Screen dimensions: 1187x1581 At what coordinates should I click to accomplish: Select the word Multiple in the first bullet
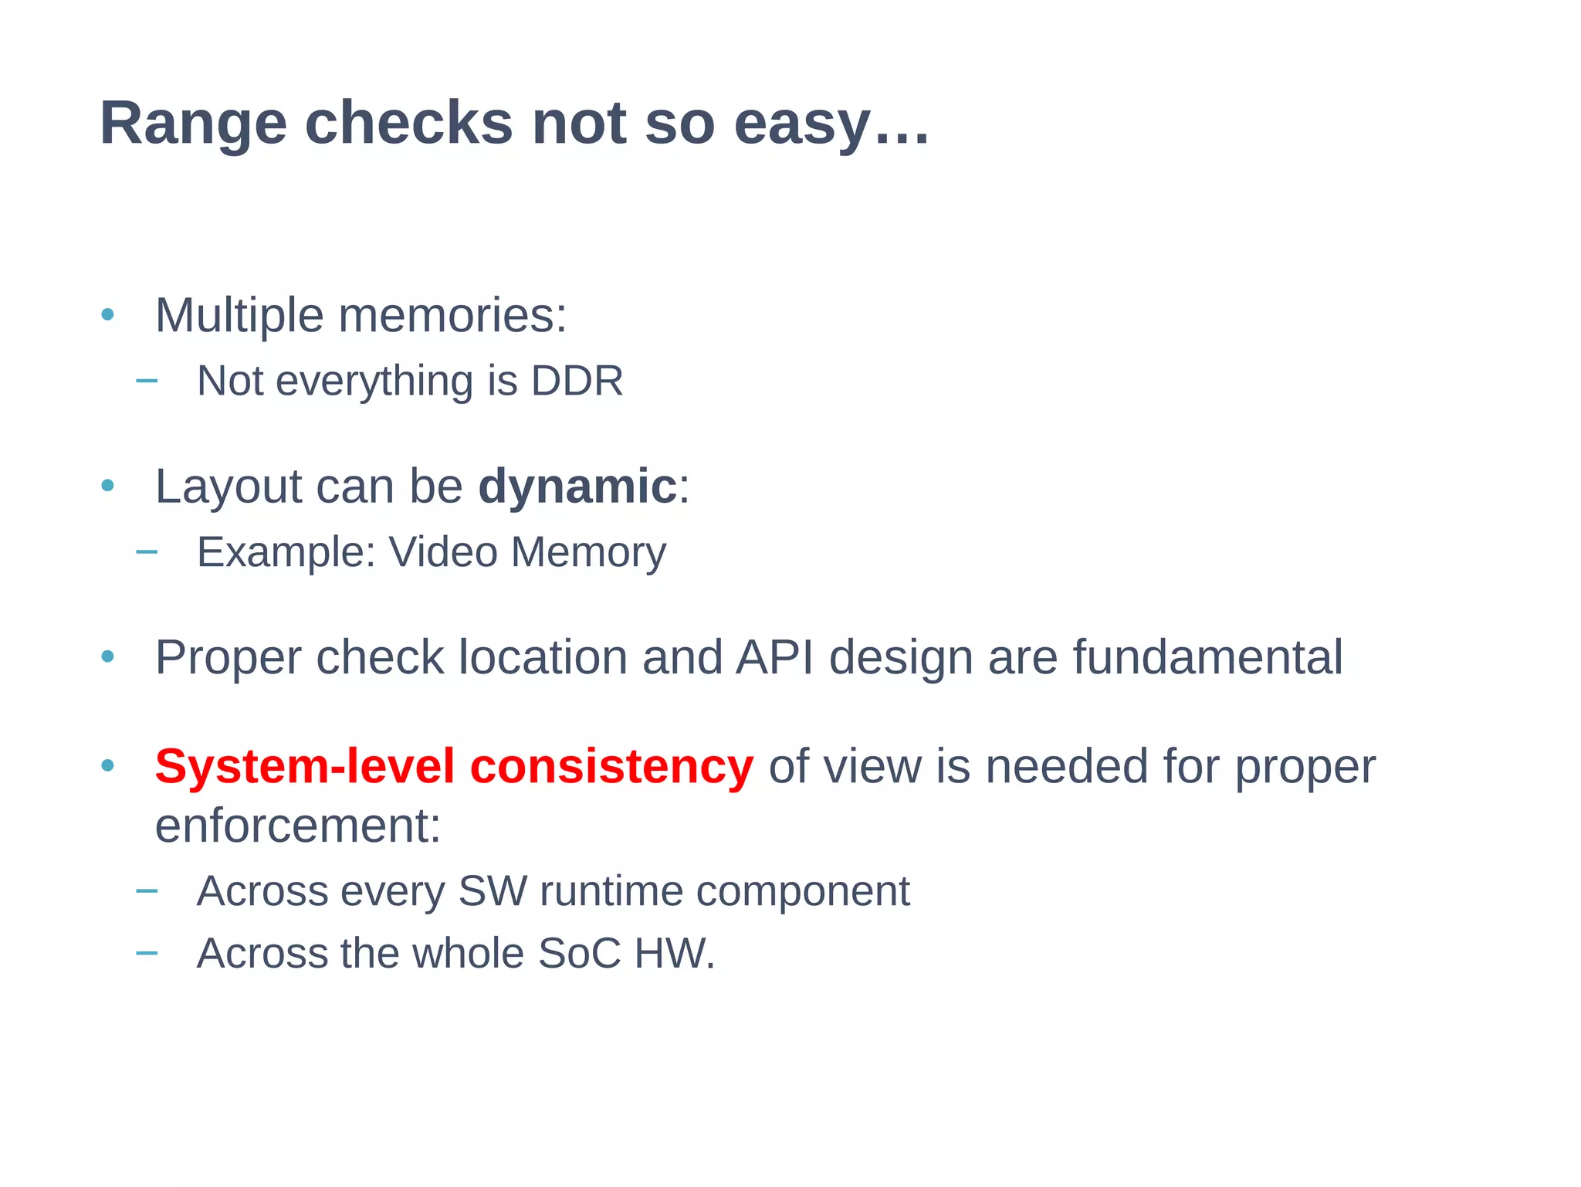click(239, 316)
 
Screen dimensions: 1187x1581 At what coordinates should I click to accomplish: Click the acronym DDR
click(577, 381)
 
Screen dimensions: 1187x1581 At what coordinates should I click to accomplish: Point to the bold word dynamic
click(577, 487)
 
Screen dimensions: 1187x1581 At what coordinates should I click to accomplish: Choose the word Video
click(442, 552)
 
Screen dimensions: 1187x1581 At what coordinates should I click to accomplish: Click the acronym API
click(774, 657)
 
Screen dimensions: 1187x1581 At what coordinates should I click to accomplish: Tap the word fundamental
click(1207, 657)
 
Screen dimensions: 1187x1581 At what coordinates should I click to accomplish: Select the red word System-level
click(304, 767)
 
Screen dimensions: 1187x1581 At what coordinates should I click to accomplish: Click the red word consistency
click(611, 767)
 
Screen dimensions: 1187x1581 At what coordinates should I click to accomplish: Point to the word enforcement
click(297, 826)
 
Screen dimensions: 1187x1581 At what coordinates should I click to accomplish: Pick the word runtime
click(611, 891)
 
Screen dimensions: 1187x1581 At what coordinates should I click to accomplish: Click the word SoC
click(579, 953)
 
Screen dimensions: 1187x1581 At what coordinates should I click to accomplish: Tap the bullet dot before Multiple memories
click(108, 315)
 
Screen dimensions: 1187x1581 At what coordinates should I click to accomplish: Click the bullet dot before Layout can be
click(108, 486)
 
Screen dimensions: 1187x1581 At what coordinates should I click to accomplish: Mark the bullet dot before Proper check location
click(108, 657)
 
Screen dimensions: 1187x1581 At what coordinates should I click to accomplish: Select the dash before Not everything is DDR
click(147, 381)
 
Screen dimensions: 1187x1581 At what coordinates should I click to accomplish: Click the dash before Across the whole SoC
click(147, 953)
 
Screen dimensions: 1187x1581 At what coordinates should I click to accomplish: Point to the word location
click(543, 657)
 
